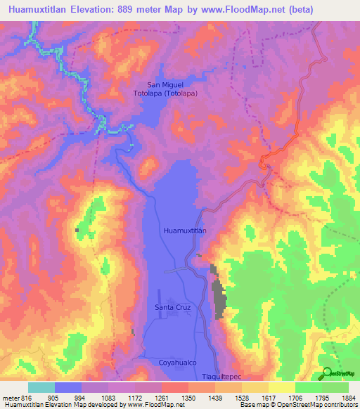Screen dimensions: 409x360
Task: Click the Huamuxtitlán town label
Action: point(184,230)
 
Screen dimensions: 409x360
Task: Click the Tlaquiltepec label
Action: point(221,377)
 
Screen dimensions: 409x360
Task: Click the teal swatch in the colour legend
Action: point(41,387)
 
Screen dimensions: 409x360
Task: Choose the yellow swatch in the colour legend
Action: point(281,387)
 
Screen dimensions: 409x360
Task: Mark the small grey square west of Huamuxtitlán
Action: point(77,230)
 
